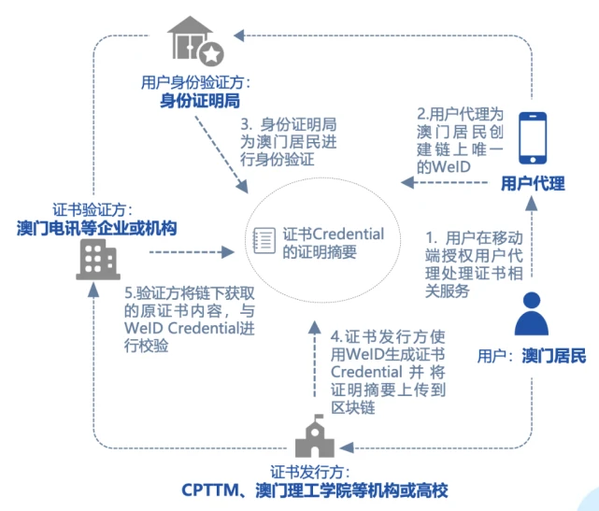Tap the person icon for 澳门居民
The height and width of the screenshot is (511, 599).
(x=531, y=315)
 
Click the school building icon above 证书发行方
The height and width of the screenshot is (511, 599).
(x=315, y=437)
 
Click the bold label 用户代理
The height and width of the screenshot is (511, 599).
(x=533, y=183)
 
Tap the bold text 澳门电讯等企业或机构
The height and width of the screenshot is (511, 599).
(x=97, y=227)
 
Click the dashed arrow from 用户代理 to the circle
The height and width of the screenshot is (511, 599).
(x=445, y=182)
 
